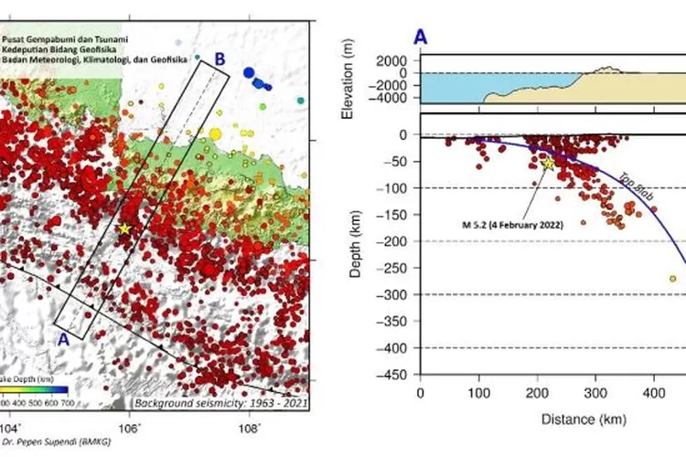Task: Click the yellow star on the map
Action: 124,228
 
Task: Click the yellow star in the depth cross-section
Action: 549,163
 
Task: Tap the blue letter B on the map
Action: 220,59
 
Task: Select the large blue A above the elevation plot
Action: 420,37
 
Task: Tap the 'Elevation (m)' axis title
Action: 348,80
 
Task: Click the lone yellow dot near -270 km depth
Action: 672,279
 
